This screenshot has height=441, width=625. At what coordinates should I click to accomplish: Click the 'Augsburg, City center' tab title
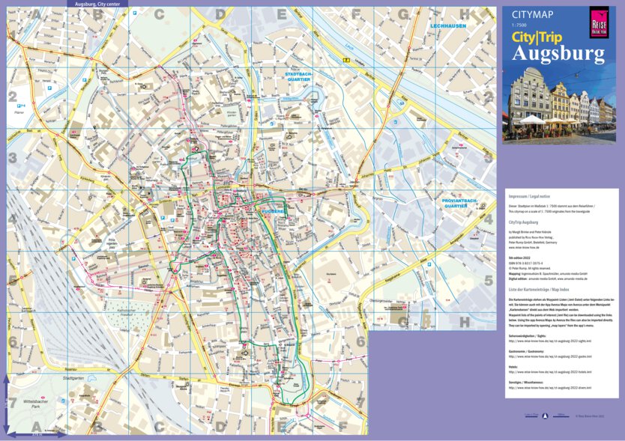point(97,4)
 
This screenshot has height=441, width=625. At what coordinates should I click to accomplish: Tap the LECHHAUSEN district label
point(447,25)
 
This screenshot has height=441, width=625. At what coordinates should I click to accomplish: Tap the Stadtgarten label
point(74,378)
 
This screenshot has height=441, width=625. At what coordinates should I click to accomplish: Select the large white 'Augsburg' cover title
point(558,54)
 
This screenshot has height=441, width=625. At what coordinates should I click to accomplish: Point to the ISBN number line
point(528,261)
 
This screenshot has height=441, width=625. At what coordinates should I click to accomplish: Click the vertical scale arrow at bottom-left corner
point(5,405)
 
